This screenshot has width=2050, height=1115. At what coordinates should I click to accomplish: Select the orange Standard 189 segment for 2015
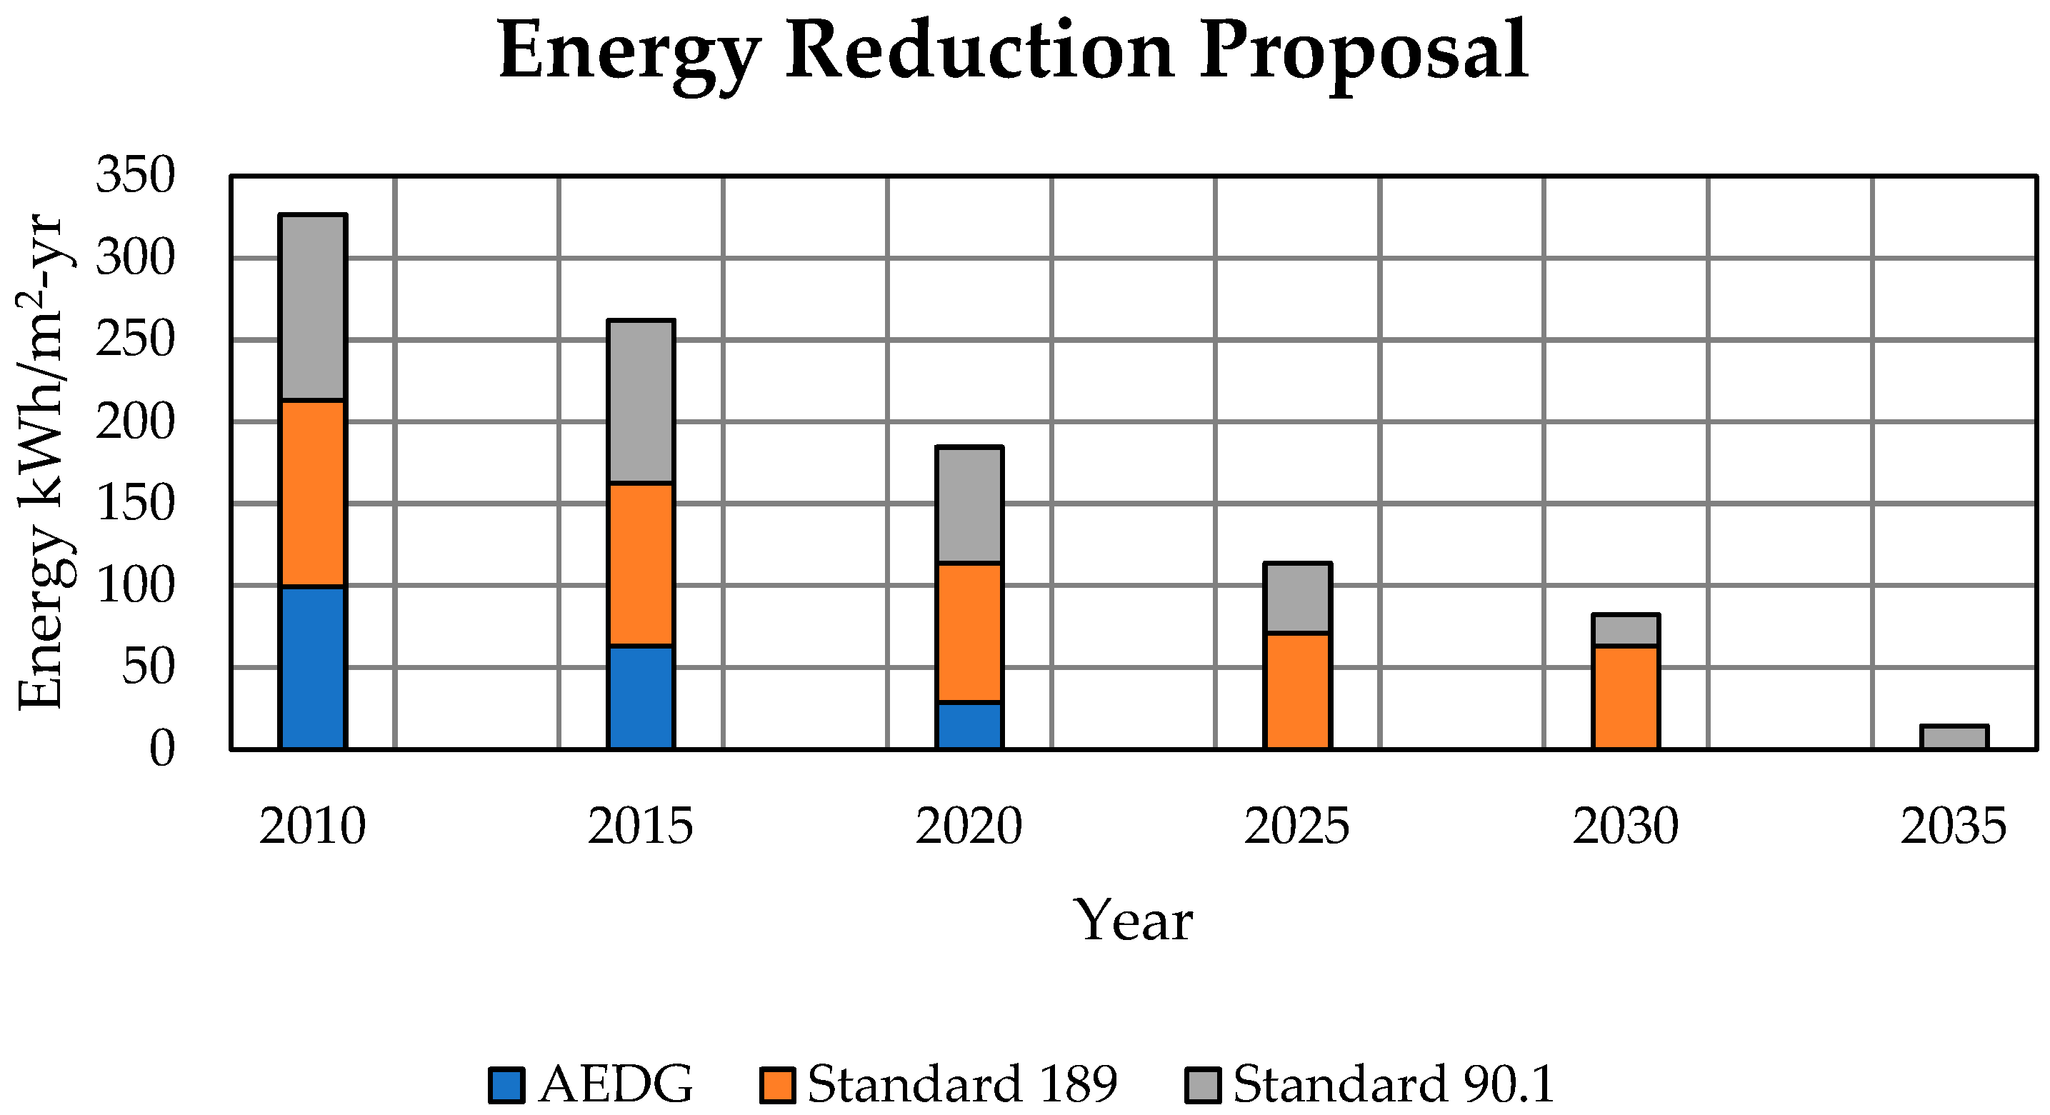641,564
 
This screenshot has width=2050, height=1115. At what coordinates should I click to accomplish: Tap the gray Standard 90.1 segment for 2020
969,504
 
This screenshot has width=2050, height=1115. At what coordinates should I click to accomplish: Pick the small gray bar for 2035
1954,736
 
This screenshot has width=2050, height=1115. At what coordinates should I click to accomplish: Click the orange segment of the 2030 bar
1625,696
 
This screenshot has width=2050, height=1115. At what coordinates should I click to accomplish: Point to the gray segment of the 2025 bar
1297,598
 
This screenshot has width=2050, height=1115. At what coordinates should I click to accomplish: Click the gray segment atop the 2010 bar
313,307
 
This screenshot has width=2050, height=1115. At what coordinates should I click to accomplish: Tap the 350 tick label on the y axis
134,175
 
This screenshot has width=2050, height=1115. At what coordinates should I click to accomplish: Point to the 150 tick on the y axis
134,503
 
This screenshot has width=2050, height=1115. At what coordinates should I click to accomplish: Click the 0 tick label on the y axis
161,749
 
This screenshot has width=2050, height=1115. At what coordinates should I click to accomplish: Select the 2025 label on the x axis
1297,826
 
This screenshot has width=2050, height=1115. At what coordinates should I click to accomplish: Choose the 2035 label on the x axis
1954,826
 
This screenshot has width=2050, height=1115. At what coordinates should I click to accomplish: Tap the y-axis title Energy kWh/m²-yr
44,461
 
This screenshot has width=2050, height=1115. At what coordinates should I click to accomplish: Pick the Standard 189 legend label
961,1084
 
